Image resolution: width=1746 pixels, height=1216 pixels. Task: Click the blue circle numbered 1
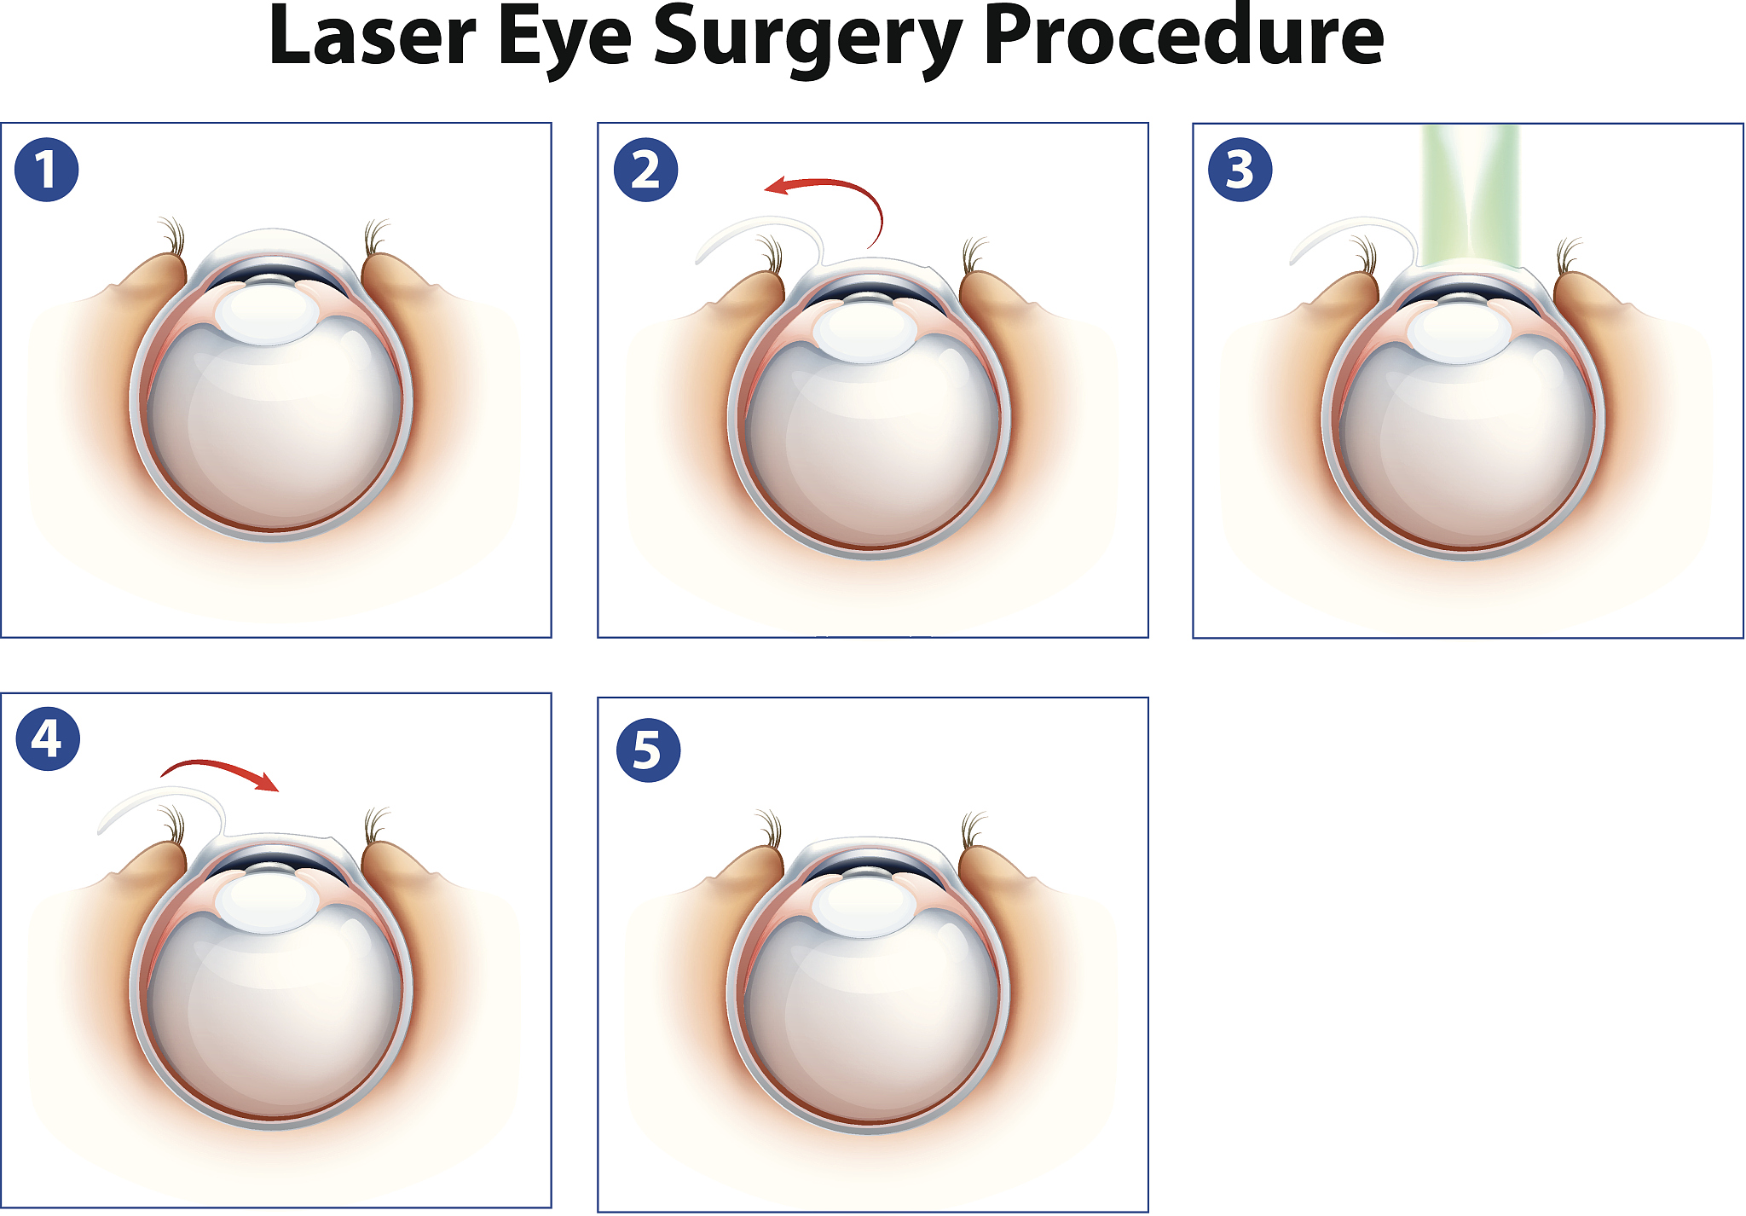pyautogui.click(x=47, y=170)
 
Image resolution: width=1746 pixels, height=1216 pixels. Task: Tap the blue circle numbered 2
pyautogui.click(x=646, y=170)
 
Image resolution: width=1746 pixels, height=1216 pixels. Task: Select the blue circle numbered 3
pyautogui.click(x=1240, y=170)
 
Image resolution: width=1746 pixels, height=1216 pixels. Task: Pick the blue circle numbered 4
pyautogui.click(x=48, y=738)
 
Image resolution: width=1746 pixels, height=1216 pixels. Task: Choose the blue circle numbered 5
pyautogui.click(x=648, y=750)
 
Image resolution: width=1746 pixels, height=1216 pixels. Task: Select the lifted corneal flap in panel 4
pyautogui.click(x=161, y=810)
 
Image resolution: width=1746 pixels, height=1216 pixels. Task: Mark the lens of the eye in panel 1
pyautogui.click(x=267, y=314)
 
